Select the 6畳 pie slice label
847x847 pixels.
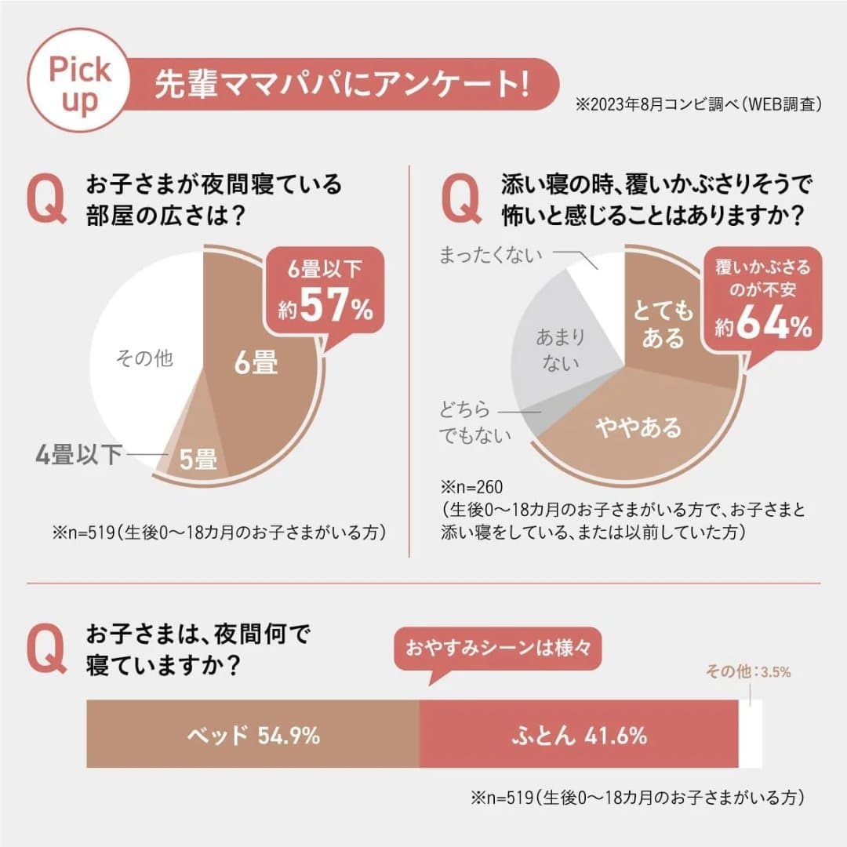256,362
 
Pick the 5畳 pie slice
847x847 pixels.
197,460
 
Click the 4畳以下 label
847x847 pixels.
78,454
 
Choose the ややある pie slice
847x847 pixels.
638,427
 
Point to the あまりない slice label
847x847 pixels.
560,350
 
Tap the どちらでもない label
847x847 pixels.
474,422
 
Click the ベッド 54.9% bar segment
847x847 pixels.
253,735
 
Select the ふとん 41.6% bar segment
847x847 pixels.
579,735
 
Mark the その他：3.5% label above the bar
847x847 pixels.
748,671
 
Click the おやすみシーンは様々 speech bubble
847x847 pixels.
496,649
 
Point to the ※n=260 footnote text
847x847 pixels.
471,486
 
